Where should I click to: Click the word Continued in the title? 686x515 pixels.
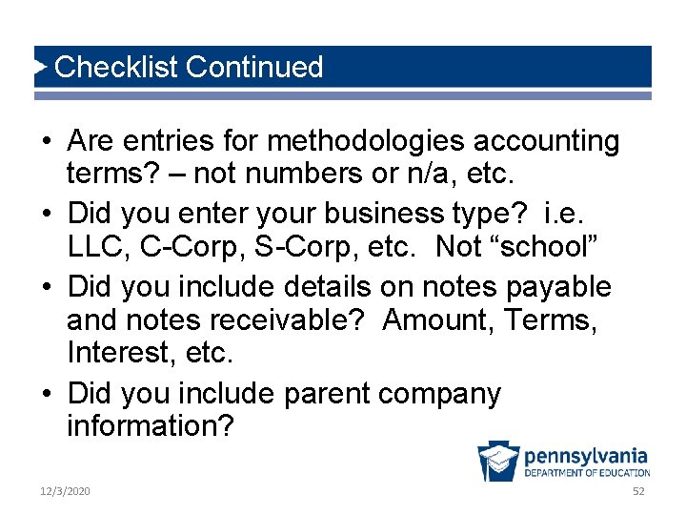pos(255,67)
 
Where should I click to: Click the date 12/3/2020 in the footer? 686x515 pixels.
pos(65,490)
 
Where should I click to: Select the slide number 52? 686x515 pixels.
pos(638,490)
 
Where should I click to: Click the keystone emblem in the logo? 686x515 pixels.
pos(498,463)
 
